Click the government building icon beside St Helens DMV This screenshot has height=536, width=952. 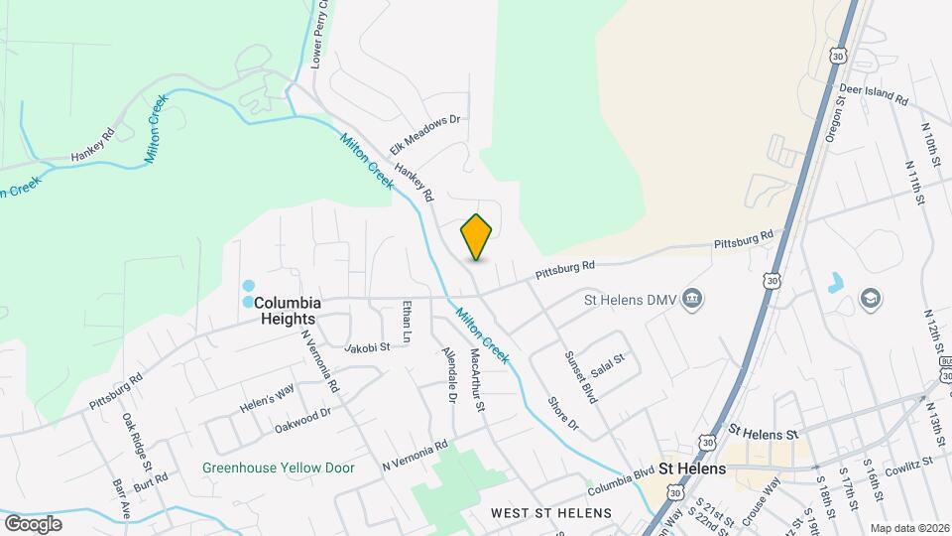[693, 298]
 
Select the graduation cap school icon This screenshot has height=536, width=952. [872, 299]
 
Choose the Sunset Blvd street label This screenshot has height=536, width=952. [580, 375]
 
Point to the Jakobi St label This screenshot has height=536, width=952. [367, 347]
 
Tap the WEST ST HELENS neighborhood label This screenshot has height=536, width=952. [551, 513]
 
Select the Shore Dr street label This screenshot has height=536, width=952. [562, 414]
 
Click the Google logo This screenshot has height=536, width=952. [33, 523]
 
